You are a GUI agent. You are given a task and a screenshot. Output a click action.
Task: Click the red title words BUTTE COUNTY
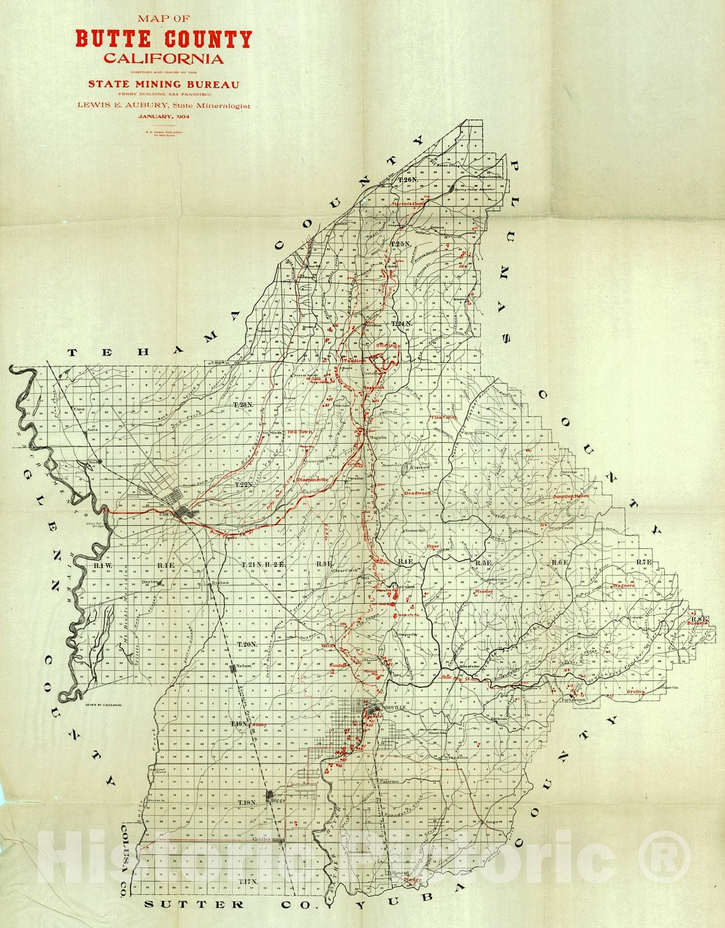point(164,39)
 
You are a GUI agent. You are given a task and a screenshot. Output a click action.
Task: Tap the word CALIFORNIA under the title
point(164,59)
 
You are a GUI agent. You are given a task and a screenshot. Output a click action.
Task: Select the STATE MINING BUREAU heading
point(164,84)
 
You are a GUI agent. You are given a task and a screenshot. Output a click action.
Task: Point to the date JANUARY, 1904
point(164,117)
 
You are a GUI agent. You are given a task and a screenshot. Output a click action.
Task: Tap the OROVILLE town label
point(394,707)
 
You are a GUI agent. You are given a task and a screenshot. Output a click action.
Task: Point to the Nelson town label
point(244,666)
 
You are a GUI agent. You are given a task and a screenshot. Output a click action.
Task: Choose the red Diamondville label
point(312,480)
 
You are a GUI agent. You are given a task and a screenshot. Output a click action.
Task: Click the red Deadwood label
point(417,493)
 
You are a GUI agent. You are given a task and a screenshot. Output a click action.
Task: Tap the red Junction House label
point(571,496)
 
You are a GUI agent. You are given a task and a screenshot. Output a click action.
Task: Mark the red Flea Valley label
point(444,417)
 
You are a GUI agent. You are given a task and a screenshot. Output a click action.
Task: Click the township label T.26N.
point(408,180)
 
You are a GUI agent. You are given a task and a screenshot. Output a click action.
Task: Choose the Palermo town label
point(390,781)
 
